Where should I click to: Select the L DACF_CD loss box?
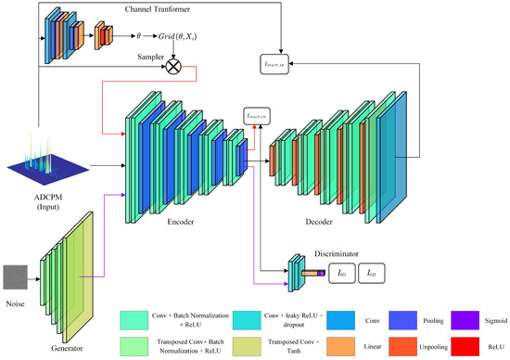point(253,114)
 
